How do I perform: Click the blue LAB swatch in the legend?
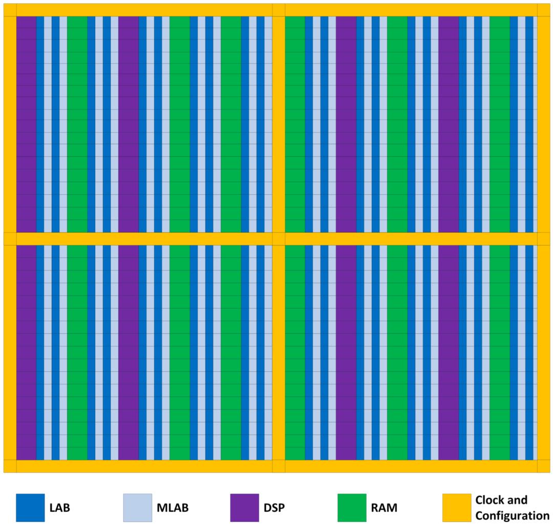pos(30,508)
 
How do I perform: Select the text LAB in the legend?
pos(60,508)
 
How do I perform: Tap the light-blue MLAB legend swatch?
pos(138,508)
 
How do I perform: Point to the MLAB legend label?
pos(173,508)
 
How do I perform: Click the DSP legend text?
pos(275,508)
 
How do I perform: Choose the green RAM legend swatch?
pos(352,508)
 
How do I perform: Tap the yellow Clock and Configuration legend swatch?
pos(457,508)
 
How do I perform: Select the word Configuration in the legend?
pos(510,515)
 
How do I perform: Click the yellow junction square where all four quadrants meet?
pos(279,239)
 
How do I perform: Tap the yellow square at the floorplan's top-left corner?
pos(10,10)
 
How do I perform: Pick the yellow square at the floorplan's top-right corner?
pos(543,10)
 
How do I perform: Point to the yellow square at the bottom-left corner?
pos(10,466)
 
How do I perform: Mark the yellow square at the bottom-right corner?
pos(543,466)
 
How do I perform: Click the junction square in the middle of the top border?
pos(279,10)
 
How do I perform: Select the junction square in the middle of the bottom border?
pos(279,466)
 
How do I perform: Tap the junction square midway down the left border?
pos(10,239)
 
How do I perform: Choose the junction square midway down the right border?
pos(543,239)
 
